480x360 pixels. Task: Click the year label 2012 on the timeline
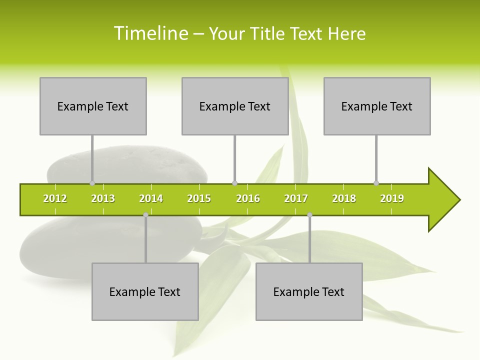point(55,198)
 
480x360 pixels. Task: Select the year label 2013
point(103,198)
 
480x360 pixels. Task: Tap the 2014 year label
point(151,198)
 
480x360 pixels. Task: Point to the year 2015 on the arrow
point(199,198)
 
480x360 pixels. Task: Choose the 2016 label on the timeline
point(248,198)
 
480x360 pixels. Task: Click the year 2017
point(296,198)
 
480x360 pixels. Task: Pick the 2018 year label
point(344,198)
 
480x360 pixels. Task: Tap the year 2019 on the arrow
point(392,198)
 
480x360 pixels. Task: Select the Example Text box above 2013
point(93,106)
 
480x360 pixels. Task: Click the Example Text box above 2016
point(235,106)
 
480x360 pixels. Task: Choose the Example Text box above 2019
point(377,106)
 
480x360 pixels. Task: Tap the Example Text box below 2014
point(145,291)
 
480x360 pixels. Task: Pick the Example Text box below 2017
point(309,291)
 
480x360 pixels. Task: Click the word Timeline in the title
point(150,33)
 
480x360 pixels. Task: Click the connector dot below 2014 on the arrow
point(145,215)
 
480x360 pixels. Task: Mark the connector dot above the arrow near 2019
point(376,183)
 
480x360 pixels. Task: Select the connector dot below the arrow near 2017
point(309,215)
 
